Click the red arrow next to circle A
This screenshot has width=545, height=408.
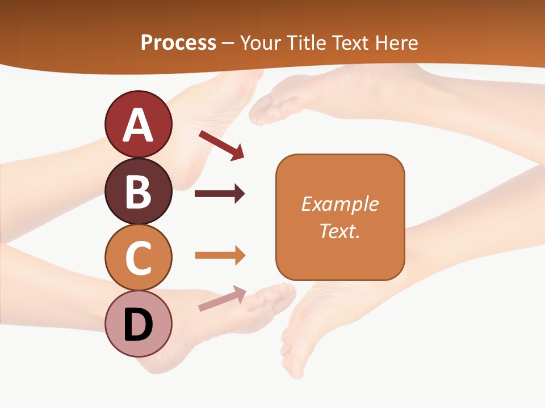point(221,145)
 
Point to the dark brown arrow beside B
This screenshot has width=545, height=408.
point(220,194)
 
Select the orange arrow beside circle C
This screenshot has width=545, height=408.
point(220,255)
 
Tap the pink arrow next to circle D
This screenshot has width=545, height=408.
point(222,299)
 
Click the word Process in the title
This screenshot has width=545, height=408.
point(178,42)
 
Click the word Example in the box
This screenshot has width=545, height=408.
point(339,204)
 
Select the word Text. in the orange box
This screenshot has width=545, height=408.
point(339,231)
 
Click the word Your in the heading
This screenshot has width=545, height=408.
point(261,42)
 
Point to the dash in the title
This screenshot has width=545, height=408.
point(228,43)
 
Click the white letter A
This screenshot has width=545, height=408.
point(138,125)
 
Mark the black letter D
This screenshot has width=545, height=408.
point(138,325)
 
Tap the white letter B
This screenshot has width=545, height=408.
point(138,192)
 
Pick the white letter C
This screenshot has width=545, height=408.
point(138,258)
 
